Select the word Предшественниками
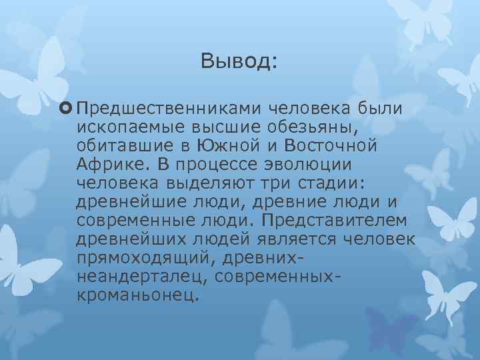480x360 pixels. click(x=171, y=109)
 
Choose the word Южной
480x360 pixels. click(x=223, y=145)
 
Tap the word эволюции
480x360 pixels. click(x=296, y=164)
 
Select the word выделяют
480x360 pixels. click(x=219, y=182)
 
